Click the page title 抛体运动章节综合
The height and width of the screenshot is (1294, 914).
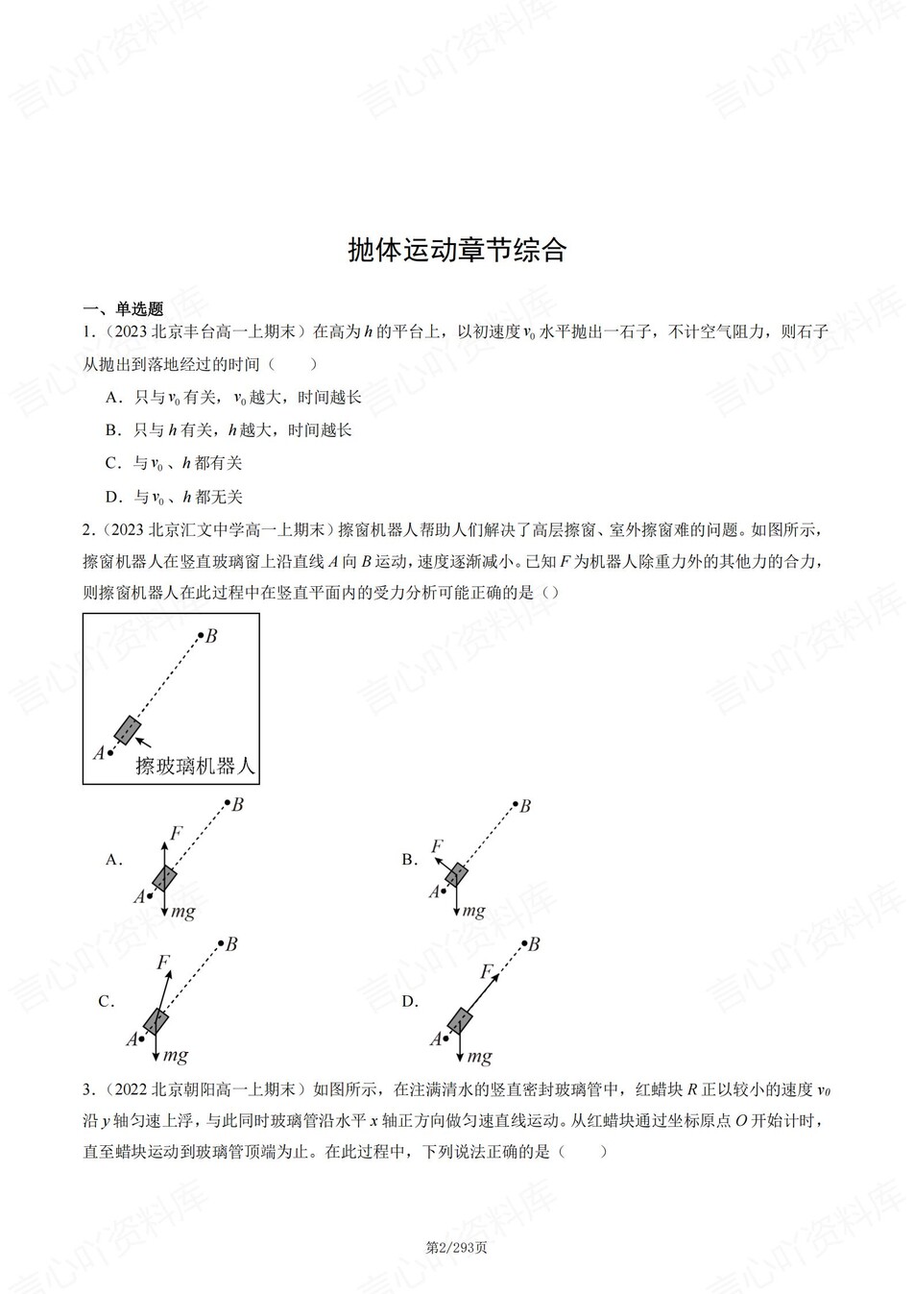(x=457, y=250)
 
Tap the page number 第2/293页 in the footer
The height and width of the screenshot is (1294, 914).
(x=456, y=1248)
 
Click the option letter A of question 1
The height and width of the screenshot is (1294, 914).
(x=112, y=397)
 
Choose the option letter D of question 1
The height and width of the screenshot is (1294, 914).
(x=112, y=497)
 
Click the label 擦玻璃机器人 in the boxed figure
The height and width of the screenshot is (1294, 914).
(x=195, y=766)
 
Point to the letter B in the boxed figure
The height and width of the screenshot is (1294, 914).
(x=211, y=636)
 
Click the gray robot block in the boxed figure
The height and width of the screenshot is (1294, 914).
(x=127, y=730)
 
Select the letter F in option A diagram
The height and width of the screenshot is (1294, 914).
(x=176, y=832)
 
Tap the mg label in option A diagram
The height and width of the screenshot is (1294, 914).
(x=183, y=911)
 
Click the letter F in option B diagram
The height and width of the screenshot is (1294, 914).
(x=437, y=846)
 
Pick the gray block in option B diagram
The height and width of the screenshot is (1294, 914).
(x=456, y=875)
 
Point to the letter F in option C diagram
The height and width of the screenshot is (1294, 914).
(x=163, y=962)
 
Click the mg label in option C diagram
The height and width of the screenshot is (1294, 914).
(x=175, y=1056)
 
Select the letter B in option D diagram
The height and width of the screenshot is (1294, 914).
(x=534, y=944)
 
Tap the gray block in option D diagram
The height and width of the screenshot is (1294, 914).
(x=461, y=1019)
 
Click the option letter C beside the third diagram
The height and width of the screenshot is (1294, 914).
(x=106, y=1001)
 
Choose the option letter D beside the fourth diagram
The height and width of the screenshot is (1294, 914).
(x=409, y=1001)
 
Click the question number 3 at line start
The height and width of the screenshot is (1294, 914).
(x=87, y=1088)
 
